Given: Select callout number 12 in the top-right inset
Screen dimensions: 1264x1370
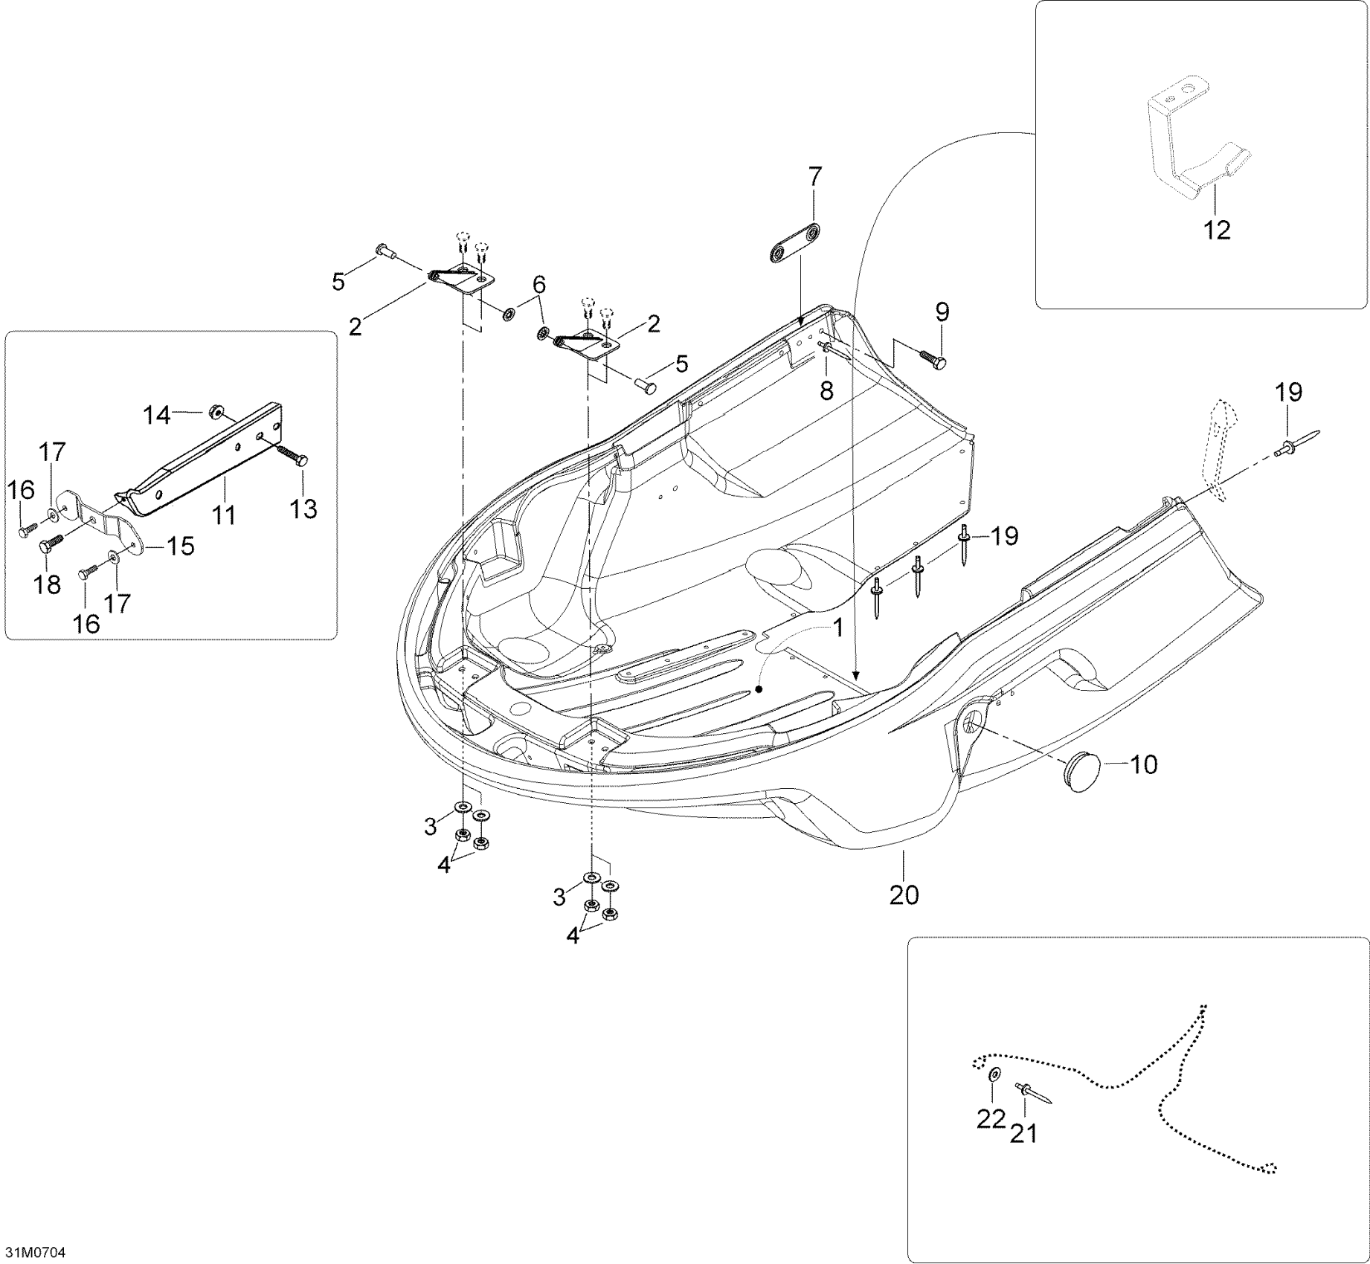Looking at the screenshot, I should [x=1217, y=230].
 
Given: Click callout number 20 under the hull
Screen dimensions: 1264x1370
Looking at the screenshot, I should [x=904, y=894].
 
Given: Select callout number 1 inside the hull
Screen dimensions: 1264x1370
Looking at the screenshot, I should [x=838, y=628].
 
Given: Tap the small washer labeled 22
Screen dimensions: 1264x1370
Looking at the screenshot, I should [x=994, y=1075].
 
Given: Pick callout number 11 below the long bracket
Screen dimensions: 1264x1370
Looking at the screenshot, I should [x=224, y=515].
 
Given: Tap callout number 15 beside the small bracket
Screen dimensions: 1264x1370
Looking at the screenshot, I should [x=181, y=546].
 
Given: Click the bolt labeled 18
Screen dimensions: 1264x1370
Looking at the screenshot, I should [x=48, y=546].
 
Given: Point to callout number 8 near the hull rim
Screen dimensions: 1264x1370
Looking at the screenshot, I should [x=826, y=390].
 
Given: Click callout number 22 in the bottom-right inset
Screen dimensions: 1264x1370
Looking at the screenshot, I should [x=991, y=1119].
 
